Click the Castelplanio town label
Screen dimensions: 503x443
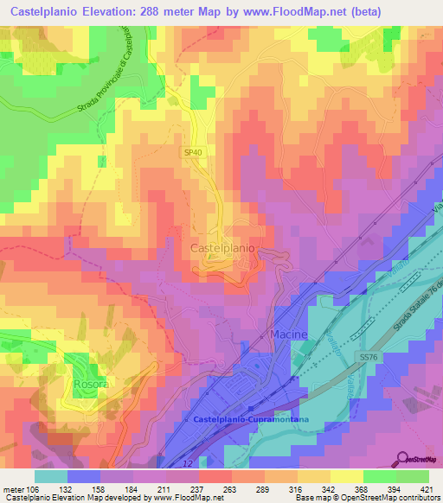point(221,248)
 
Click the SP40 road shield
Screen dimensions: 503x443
point(192,152)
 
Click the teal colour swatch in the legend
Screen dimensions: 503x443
point(50,475)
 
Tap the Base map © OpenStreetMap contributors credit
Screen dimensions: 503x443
point(364,498)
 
